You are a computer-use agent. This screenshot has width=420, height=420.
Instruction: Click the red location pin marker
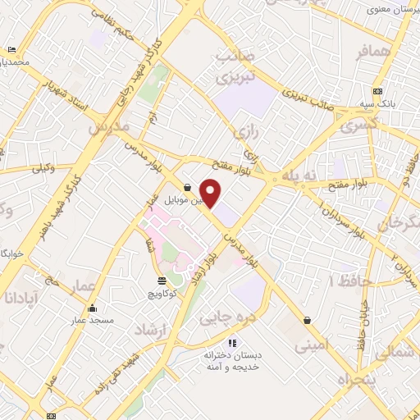[211, 194]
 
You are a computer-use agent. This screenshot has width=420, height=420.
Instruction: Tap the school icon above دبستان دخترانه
[232, 343]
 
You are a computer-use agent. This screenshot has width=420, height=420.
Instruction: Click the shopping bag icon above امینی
[307, 321]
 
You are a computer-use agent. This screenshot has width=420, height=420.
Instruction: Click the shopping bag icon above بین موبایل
[188, 187]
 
